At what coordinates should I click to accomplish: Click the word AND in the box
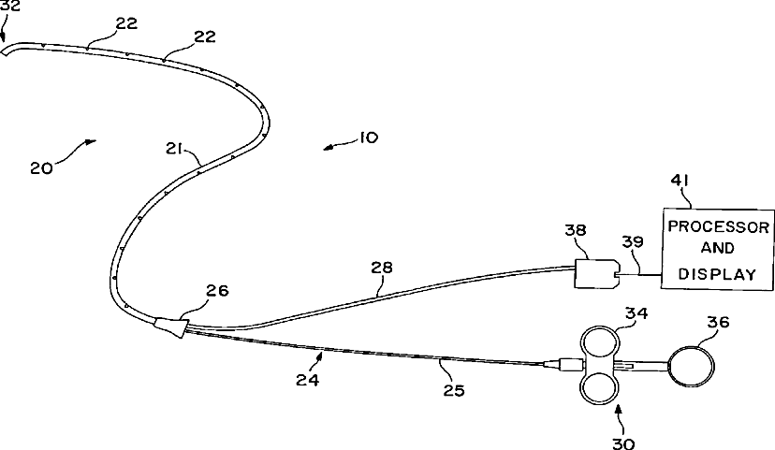click(x=718, y=251)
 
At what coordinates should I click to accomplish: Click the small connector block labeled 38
click(x=594, y=274)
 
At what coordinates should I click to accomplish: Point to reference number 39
click(x=634, y=241)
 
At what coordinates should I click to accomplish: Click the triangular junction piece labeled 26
click(x=171, y=326)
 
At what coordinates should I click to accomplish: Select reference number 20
click(x=42, y=168)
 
